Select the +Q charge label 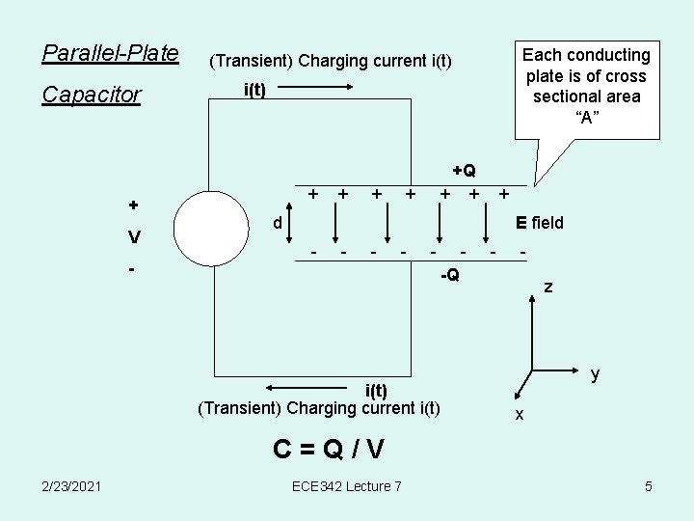[464, 171]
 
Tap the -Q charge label [449, 275]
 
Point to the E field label [540, 224]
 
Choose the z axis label [548, 288]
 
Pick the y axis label [596, 373]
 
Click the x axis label [520, 414]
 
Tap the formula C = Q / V [329, 449]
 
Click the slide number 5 [649, 486]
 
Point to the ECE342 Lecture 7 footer [346, 486]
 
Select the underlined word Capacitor [93, 96]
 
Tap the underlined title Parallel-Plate [111, 52]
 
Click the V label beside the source [135, 237]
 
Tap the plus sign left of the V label [134, 205]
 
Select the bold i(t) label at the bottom [376, 391]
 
